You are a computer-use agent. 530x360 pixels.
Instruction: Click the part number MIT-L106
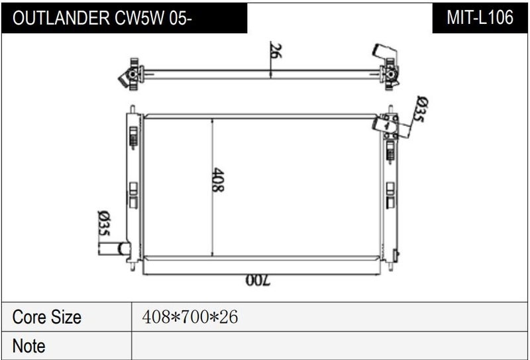coord(480,18)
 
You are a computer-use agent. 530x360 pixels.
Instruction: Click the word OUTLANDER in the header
coord(61,18)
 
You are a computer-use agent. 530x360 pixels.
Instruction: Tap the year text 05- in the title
coord(181,18)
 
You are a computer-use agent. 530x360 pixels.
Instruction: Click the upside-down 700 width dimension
coord(258,280)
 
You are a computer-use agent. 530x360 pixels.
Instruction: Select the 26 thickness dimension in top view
coord(276,50)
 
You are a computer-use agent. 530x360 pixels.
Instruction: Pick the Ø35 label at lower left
coord(104,223)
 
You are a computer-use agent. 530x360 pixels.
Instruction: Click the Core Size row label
coord(46,317)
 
